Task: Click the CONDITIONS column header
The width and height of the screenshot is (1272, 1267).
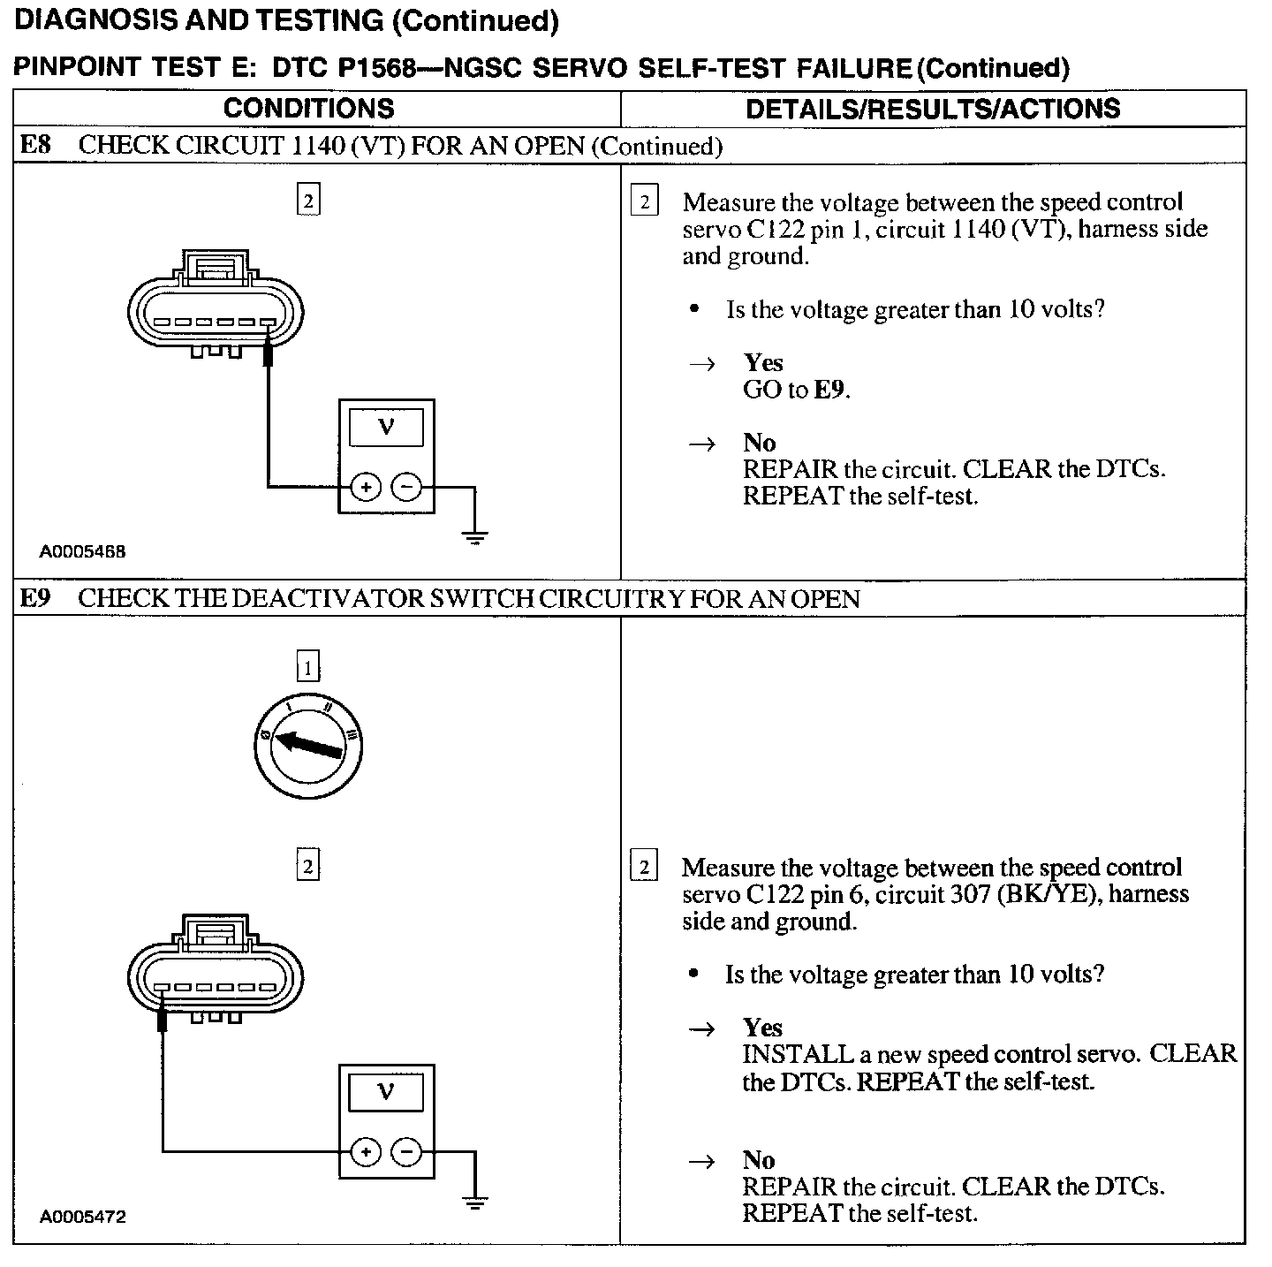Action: pyautogui.click(x=308, y=109)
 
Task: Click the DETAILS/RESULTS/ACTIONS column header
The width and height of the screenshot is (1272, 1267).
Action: pyautogui.click(x=933, y=109)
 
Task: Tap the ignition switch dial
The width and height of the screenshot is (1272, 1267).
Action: pyautogui.click(x=307, y=745)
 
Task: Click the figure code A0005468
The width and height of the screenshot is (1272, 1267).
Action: pyautogui.click(x=82, y=551)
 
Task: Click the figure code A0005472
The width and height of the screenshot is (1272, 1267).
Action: pyautogui.click(x=82, y=1217)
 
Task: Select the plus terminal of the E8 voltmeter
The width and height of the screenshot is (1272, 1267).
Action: pyautogui.click(x=366, y=487)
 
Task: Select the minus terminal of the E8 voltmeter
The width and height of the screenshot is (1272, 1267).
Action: pyautogui.click(x=406, y=487)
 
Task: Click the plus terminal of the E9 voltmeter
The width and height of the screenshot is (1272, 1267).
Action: pyautogui.click(x=366, y=1152)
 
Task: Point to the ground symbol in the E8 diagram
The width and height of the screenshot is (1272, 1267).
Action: pyautogui.click(x=475, y=535)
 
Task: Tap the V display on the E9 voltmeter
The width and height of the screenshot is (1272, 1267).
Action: pyautogui.click(x=386, y=1092)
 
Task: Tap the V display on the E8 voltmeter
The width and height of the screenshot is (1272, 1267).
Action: pyautogui.click(x=386, y=428)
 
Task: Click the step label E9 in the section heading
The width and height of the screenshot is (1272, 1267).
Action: pyautogui.click(x=35, y=599)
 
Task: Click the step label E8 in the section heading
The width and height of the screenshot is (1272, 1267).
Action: pyautogui.click(x=35, y=146)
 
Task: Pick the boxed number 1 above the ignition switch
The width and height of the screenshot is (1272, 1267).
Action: pyautogui.click(x=307, y=667)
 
